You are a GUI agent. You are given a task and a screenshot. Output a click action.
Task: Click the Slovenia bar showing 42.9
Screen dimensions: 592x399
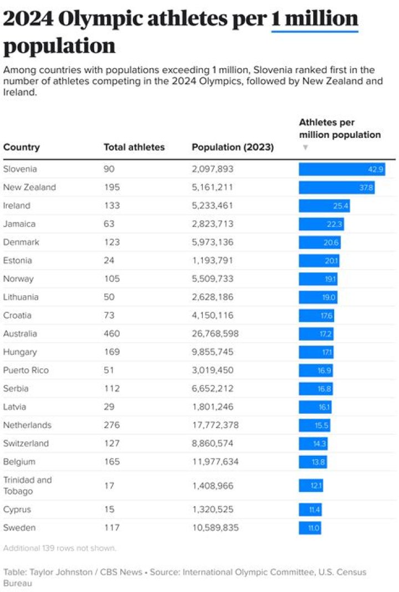click(x=341, y=169)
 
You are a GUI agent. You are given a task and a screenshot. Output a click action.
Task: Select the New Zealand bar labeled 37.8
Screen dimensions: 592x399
click(x=336, y=187)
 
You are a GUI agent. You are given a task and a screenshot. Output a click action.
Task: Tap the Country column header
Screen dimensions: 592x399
click(x=22, y=147)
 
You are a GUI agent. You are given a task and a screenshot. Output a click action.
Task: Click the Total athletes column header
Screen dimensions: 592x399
click(x=134, y=147)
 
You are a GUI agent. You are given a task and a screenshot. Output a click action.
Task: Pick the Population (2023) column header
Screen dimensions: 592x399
click(x=233, y=147)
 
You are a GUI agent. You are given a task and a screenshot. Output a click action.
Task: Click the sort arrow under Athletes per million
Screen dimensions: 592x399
click(x=305, y=148)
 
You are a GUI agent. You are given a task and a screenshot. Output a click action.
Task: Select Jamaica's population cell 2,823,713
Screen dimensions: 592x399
click(x=213, y=224)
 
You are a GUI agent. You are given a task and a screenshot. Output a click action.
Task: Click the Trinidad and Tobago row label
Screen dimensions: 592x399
click(x=28, y=485)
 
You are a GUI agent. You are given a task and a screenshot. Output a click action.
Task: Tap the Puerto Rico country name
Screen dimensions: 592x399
click(x=26, y=370)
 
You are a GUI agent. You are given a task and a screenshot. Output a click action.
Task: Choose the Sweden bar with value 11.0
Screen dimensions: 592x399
click(x=310, y=528)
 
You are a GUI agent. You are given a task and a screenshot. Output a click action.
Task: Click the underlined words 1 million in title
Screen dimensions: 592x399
click(x=315, y=19)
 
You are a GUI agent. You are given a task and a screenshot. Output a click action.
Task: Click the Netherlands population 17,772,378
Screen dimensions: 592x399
click(x=216, y=425)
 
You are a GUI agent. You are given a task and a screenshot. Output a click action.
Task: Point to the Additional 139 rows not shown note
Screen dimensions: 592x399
click(x=60, y=548)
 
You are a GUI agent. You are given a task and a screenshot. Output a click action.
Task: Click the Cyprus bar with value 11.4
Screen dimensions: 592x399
click(x=310, y=509)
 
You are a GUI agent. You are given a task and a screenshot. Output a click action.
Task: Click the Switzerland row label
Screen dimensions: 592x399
click(x=26, y=443)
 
